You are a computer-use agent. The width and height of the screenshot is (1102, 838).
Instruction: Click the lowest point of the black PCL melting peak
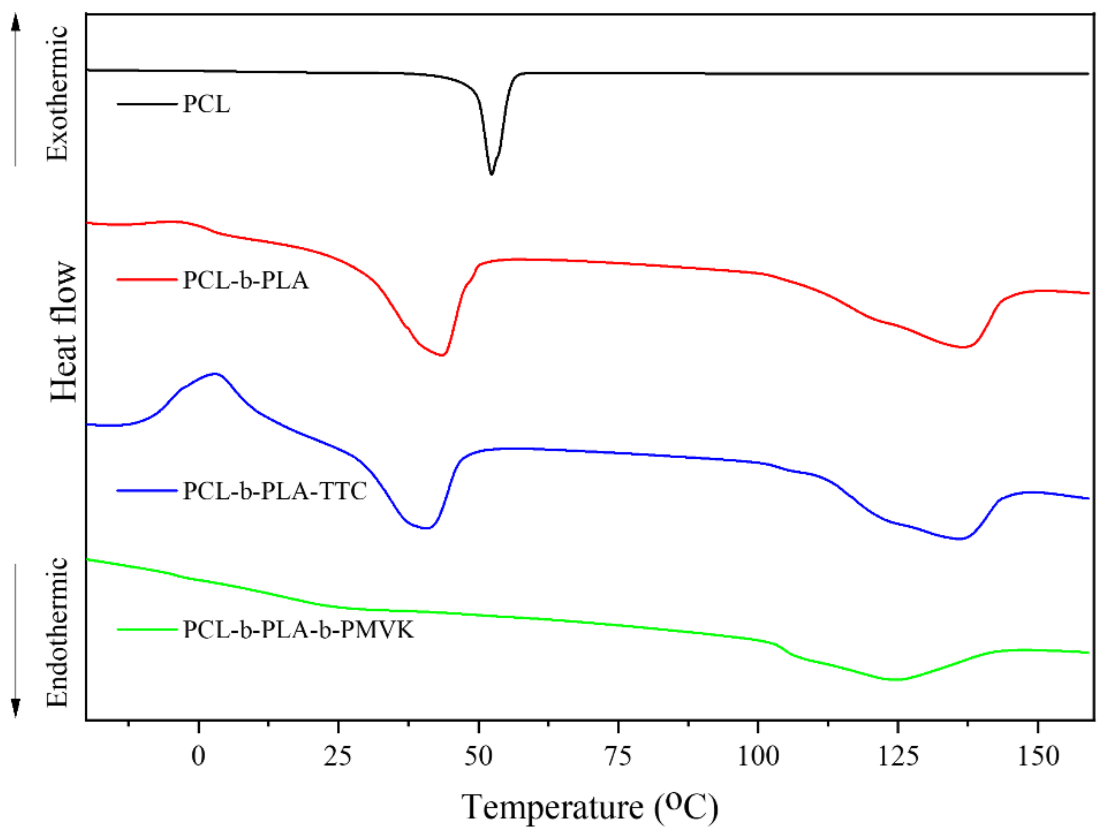click(491, 174)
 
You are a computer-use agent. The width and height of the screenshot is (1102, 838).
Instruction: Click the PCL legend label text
click(206, 104)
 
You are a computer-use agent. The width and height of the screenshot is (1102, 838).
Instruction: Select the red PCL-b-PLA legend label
click(246, 280)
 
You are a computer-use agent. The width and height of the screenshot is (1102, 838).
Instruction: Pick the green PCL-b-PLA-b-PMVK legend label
click(298, 629)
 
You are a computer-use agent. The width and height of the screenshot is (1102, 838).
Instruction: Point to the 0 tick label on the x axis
click(198, 757)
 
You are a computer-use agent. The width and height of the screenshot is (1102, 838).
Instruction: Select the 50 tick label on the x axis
click(478, 757)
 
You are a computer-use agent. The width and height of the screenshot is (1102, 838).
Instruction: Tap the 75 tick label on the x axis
click(618, 757)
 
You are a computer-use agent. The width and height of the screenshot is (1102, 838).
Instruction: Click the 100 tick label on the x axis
click(757, 757)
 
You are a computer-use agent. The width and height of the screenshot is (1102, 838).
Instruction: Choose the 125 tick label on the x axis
click(898, 757)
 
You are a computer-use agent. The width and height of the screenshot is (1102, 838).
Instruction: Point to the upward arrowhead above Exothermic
click(16, 22)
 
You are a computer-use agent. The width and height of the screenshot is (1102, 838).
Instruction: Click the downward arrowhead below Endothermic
click(16, 708)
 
